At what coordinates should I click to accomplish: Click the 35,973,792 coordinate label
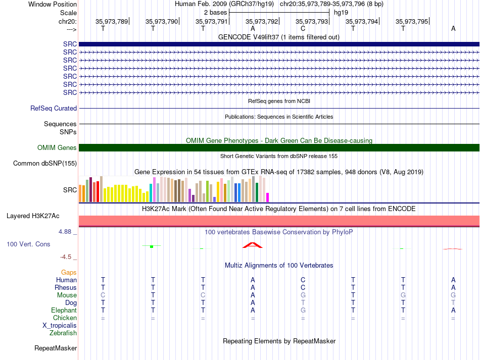pyautogui.click(x=262, y=21)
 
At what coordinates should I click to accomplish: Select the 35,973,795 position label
pyautogui.click(x=412, y=21)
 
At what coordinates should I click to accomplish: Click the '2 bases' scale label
pyautogui.click(x=216, y=13)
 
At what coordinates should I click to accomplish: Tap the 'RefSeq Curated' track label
pyautogui.click(x=54, y=108)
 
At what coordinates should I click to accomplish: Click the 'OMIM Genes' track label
pyautogui.click(x=57, y=148)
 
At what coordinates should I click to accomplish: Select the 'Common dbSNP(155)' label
pyautogui.click(x=45, y=163)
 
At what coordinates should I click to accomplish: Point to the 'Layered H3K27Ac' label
pyautogui.click(x=33, y=216)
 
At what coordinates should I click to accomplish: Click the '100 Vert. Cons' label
pyautogui.click(x=28, y=244)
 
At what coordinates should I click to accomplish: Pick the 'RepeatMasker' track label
pyautogui.click(x=56, y=348)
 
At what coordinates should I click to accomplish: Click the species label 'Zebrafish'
pyautogui.click(x=63, y=333)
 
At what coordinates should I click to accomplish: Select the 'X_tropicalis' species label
pyautogui.click(x=60, y=326)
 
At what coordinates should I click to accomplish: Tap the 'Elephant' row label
pyautogui.click(x=64, y=310)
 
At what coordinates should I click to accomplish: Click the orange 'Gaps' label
pyautogui.click(x=69, y=272)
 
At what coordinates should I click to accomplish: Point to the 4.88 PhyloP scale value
pyautogui.click(x=65, y=232)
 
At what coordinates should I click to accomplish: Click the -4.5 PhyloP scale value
pyautogui.click(x=66, y=257)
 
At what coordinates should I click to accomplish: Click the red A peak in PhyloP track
pyautogui.click(x=253, y=245)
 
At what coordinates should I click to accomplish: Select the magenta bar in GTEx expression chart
pyautogui.click(x=268, y=197)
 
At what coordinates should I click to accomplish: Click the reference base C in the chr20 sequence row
pyautogui.click(x=303, y=28)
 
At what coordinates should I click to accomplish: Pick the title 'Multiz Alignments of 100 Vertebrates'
pyautogui.click(x=279, y=265)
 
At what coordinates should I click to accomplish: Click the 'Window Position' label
pyautogui.click(x=53, y=4)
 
